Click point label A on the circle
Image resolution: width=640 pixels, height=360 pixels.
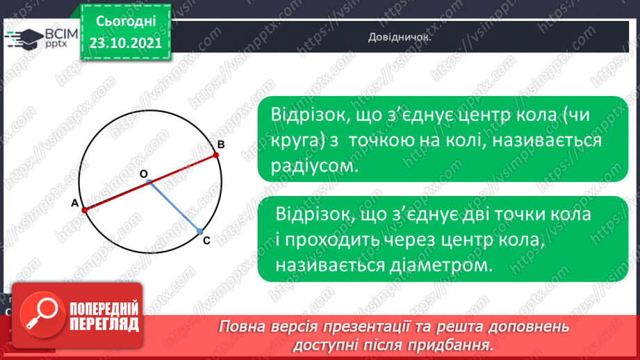pyautogui.click(x=73, y=203)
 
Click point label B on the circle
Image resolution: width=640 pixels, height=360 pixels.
pyautogui.click(x=220, y=145)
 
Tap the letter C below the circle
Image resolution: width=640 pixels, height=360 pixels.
pyautogui.click(x=206, y=241)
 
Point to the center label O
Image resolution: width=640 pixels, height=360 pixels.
pyautogui.click(x=143, y=175)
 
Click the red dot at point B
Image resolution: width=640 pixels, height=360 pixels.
pyautogui.click(x=215, y=154)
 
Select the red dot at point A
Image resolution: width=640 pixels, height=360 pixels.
pyautogui.click(x=84, y=209)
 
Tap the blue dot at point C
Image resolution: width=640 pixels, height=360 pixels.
pyautogui.click(x=199, y=231)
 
